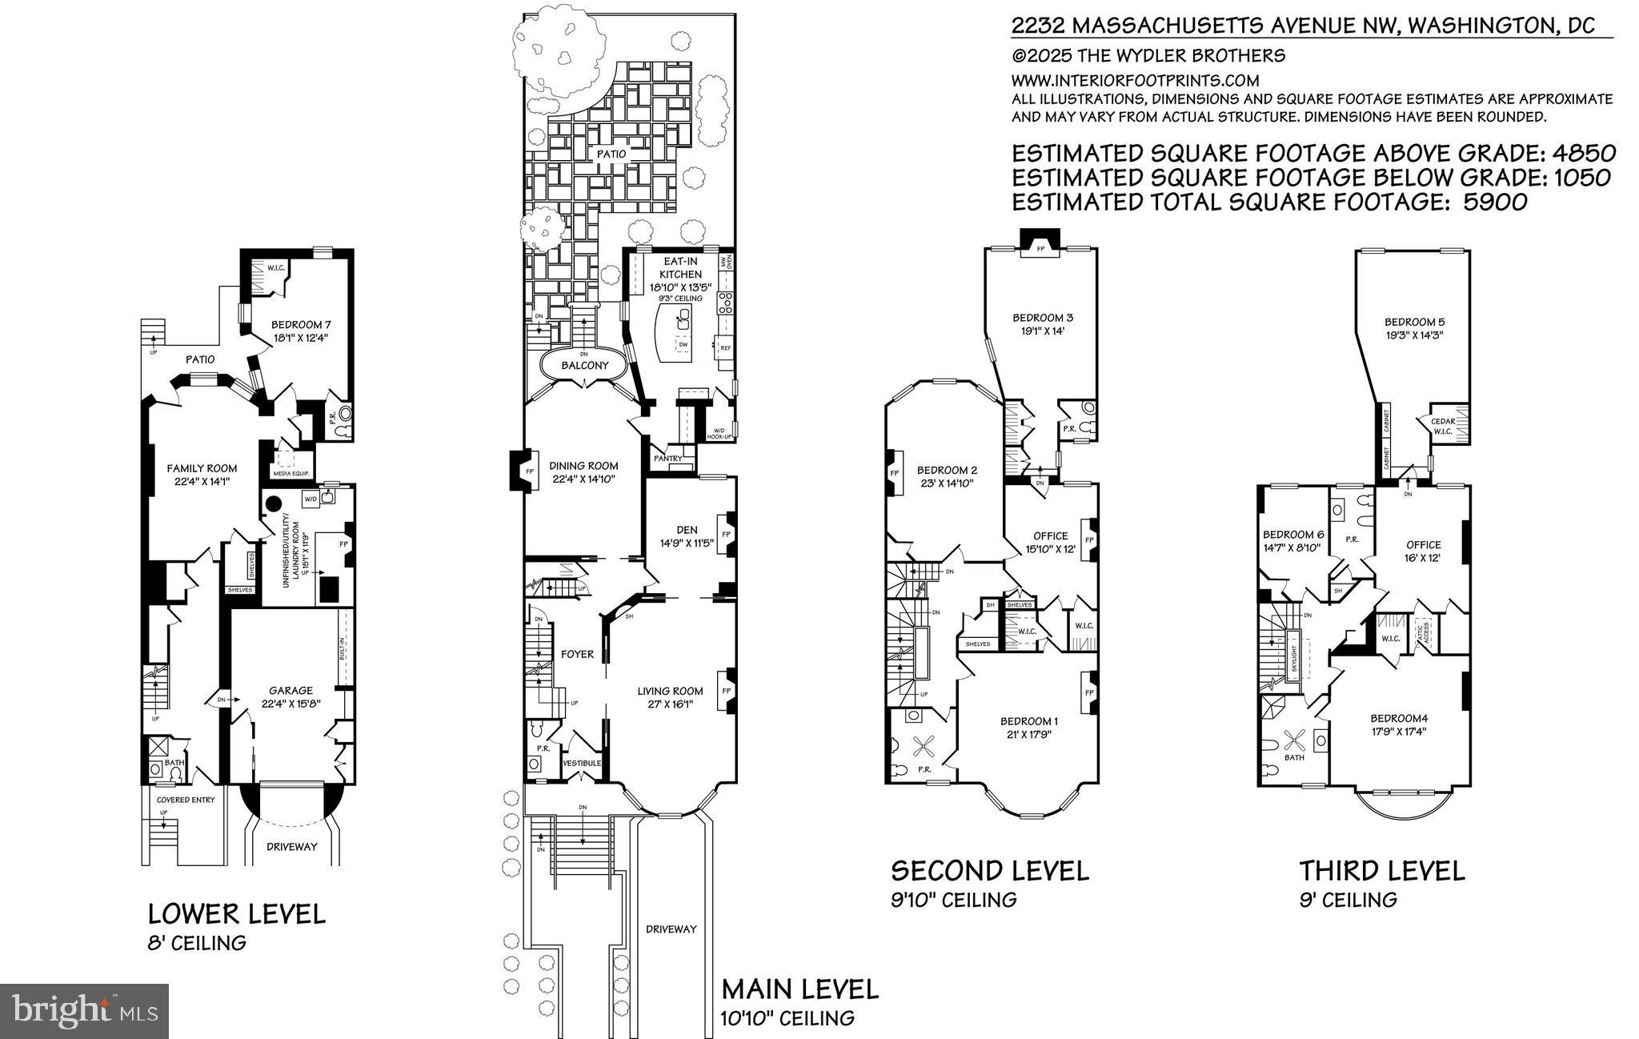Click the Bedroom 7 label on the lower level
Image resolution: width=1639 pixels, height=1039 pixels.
click(300, 324)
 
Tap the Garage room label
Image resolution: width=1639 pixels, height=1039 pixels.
click(286, 690)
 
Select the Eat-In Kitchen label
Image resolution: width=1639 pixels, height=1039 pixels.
click(682, 268)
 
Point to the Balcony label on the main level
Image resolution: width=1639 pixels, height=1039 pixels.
click(584, 365)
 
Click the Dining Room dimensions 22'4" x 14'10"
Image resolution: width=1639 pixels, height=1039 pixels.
click(585, 479)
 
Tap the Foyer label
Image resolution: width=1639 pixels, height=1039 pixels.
click(577, 654)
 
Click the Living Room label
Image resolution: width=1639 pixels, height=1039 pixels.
click(670, 691)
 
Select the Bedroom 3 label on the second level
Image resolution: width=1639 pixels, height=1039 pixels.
click(1036, 318)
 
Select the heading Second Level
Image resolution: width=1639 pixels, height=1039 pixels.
click(990, 870)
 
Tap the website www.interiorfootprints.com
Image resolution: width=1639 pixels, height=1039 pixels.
click(1135, 80)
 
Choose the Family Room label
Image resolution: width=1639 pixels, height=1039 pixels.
click(201, 468)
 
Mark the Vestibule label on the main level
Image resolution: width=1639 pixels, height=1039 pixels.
click(582, 763)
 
